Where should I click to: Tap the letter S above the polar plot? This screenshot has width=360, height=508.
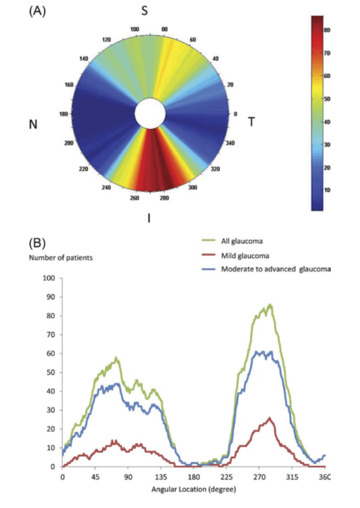point(144,12)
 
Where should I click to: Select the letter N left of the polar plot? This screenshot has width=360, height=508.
point(34,124)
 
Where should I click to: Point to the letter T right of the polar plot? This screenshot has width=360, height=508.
point(252,121)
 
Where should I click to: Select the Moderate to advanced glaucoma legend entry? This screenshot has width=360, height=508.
point(272,269)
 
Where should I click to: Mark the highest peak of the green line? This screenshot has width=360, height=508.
point(270,305)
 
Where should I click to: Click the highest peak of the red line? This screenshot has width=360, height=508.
point(270,418)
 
